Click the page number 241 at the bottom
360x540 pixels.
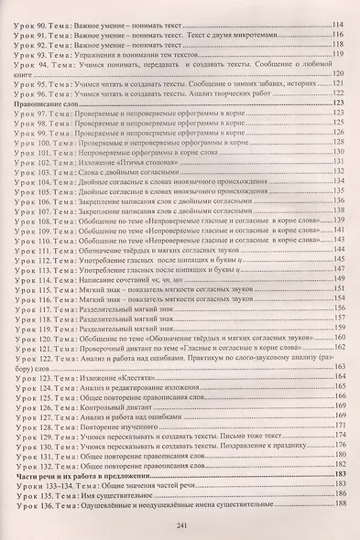coord(180,524)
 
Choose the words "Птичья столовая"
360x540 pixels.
coord(136,157)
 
